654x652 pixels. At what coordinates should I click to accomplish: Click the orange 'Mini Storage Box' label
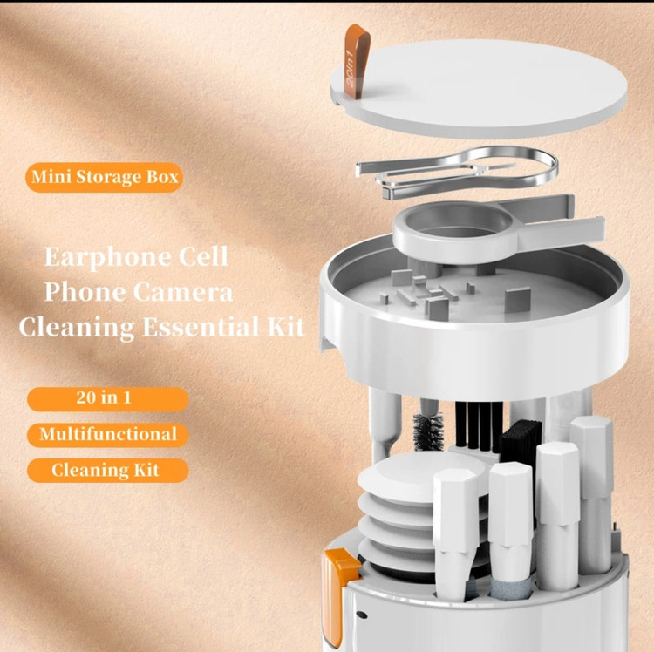[105, 177]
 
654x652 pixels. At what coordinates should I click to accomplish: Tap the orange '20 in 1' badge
[107, 398]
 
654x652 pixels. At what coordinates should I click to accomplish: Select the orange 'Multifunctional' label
[107, 435]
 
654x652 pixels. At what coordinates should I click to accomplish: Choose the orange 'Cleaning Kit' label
[107, 471]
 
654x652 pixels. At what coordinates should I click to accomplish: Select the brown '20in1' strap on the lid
[357, 61]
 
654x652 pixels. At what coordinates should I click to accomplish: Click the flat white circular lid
[479, 87]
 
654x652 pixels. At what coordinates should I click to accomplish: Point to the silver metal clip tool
[457, 171]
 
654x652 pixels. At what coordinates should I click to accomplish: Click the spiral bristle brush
[428, 431]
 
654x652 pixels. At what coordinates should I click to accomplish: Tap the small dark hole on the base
[362, 615]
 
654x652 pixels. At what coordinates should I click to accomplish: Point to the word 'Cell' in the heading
[203, 256]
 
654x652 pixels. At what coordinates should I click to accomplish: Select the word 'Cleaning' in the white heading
[77, 328]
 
